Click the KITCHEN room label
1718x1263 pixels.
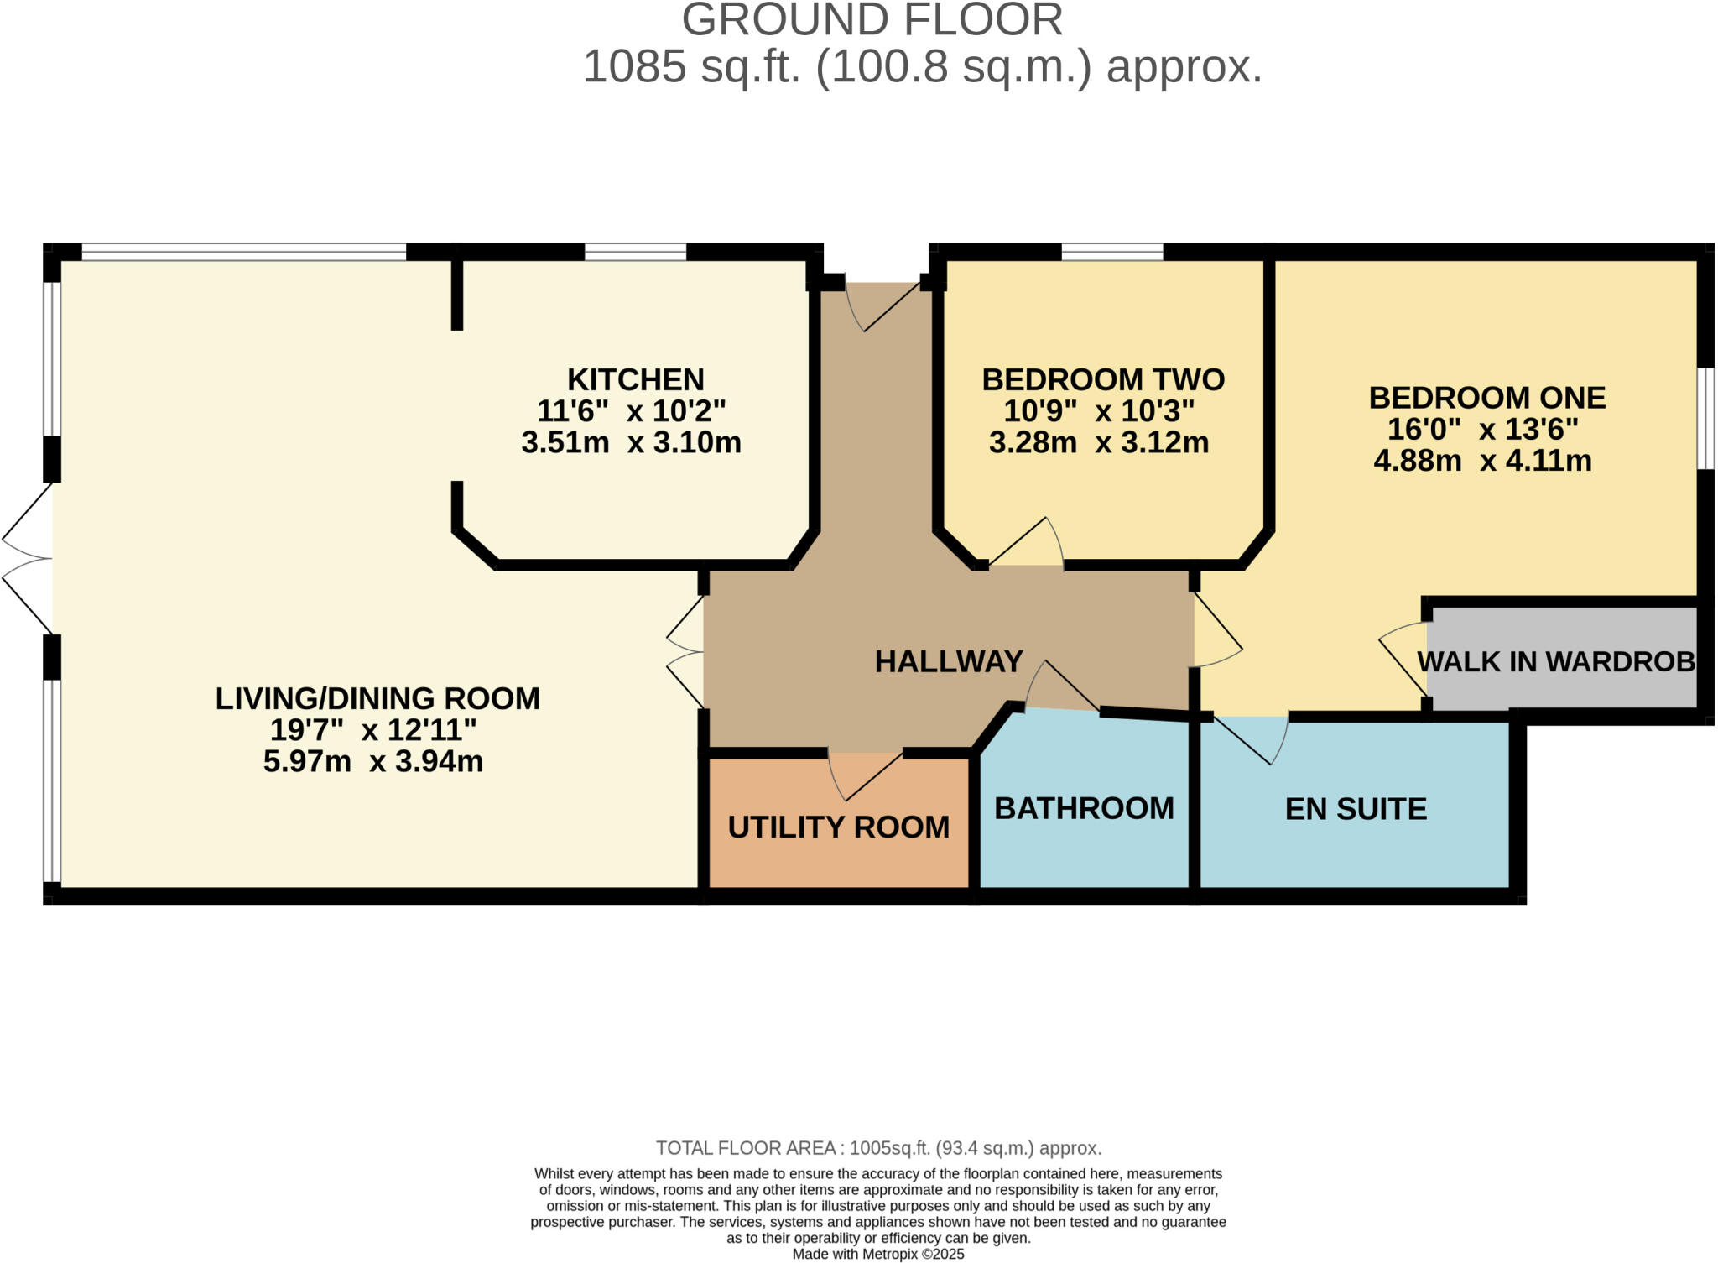click(635, 379)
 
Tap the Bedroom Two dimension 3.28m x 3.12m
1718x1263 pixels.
click(1098, 442)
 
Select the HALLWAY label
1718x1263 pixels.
click(948, 661)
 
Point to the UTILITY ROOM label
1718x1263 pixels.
click(838, 827)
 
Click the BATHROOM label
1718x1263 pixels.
click(1084, 808)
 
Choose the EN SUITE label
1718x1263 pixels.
click(1356, 809)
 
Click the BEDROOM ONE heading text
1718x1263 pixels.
click(1486, 398)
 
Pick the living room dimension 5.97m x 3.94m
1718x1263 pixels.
click(373, 761)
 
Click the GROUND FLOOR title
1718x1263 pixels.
click(872, 20)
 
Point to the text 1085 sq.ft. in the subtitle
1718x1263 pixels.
click(691, 66)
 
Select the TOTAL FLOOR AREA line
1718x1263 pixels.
click(878, 1147)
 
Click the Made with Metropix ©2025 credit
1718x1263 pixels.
click(878, 1254)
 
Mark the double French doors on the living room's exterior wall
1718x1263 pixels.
click(28, 558)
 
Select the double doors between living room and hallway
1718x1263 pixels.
click(686, 651)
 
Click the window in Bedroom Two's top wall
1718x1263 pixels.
click(1111, 251)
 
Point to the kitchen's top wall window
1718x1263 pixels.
click(635, 251)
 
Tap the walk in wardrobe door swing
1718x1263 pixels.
click(1403, 659)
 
